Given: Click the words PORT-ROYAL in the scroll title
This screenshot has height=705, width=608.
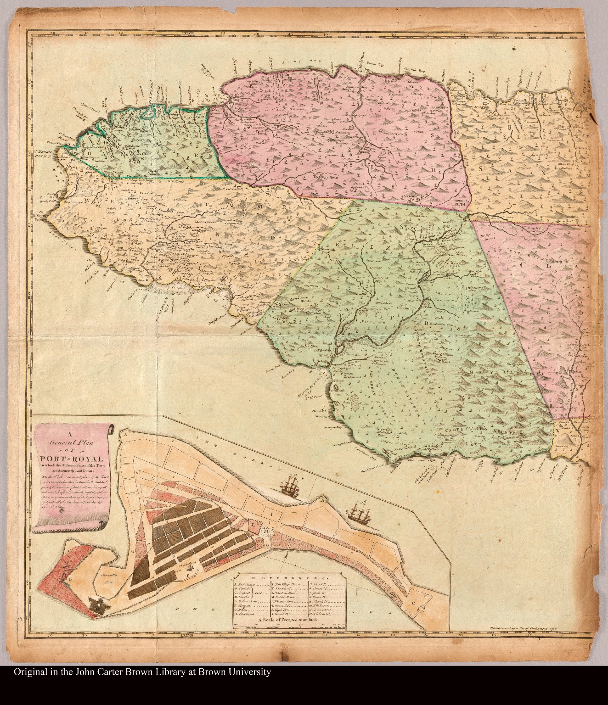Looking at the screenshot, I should coord(71,459).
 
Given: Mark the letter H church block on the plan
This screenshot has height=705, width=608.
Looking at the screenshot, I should coord(265,531).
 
